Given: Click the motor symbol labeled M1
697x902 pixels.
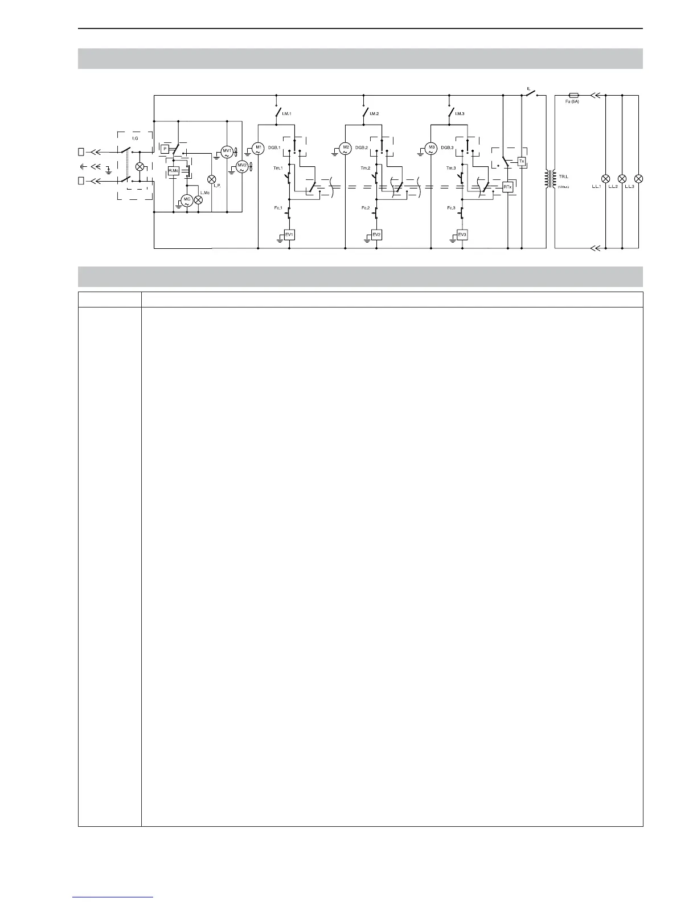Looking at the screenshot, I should pyautogui.click(x=258, y=149).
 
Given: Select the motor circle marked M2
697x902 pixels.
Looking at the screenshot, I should pyautogui.click(x=346, y=149).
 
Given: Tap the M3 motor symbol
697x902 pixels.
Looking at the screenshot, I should pyautogui.click(x=432, y=149).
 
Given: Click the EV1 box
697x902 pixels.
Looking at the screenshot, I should pyautogui.click(x=289, y=235).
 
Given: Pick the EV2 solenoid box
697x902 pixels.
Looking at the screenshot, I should pyautogui.click(x=376, y=235).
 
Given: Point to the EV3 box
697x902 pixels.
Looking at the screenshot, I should pyautogui.click(x=462, y=235).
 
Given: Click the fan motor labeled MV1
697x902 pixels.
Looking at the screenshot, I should pyautogui.click(x=227, y=152).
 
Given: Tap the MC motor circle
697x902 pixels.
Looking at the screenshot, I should pyautogui.click(x=186, y=200).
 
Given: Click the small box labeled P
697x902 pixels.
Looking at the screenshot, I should pyautogui.click(x=165, y=149).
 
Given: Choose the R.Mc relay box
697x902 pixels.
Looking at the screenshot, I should pyautogui.click(x=173, y=171).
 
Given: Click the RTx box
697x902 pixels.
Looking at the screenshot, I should pyautogui.click(x=507, y=187).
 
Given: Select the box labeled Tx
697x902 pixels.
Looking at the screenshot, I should pyautogui.click(x=521, y=161).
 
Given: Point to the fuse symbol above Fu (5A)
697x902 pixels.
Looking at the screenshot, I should pyautogui.click(x=575, y=96).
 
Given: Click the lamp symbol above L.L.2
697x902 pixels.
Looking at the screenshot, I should pyautogui.click(x=622, y=178).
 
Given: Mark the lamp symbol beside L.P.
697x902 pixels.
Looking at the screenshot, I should pyautogui.click(x=212, y=179).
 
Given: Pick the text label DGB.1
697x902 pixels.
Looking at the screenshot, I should pyautogui.click(x=274, y=148).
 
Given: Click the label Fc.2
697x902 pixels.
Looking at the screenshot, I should pyautogui.click(x=366, y=208).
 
